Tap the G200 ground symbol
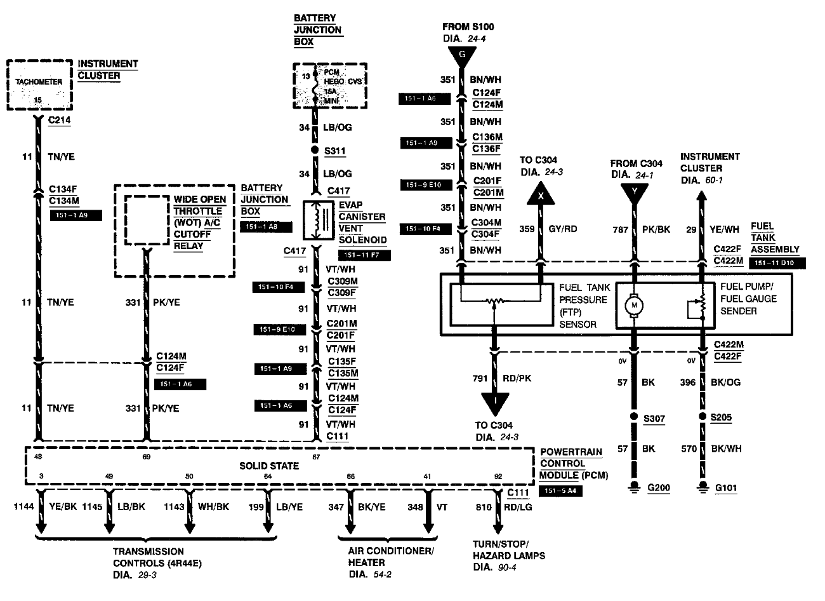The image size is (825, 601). tap(633, 488)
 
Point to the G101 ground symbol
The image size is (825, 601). tap(703, 488)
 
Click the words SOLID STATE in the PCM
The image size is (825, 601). tap(269, 466)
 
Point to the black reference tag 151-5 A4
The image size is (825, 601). tap(560, 491)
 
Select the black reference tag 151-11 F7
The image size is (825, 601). tap(364, 255)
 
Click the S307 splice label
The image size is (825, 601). tap(654, 418)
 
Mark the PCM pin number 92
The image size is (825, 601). tap(498, 476)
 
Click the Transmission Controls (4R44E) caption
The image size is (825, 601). tap(148, 557)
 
